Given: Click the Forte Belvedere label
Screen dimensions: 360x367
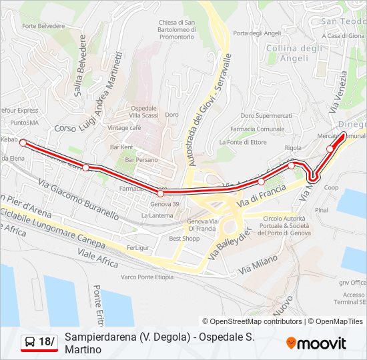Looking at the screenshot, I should (43, 26).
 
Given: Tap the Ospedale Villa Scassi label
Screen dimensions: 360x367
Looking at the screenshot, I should (143, 112).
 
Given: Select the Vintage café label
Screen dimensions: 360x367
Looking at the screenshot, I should (124, 127).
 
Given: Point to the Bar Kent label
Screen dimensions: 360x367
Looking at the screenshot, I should (122, 147).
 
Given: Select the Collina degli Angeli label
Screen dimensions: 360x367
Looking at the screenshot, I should (294, 53).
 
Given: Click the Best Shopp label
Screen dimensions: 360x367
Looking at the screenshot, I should (184, 238).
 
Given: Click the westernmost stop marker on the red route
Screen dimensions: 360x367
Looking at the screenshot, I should (23, 143).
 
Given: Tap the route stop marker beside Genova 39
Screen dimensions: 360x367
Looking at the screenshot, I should (160, 193).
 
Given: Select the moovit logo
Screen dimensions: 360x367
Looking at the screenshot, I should (316, 343).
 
